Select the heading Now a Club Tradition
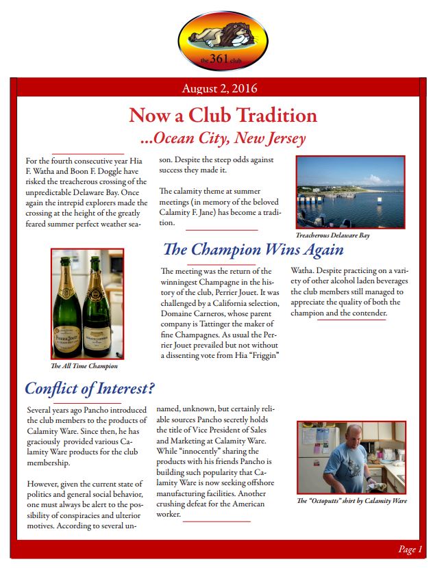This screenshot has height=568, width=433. click(223, 115)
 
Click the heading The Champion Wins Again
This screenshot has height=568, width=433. click(253, 250)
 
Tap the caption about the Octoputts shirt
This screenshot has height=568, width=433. click(352, 500)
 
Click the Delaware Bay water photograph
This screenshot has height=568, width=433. click(351, 192)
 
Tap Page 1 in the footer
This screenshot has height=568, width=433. click(410, 549)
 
